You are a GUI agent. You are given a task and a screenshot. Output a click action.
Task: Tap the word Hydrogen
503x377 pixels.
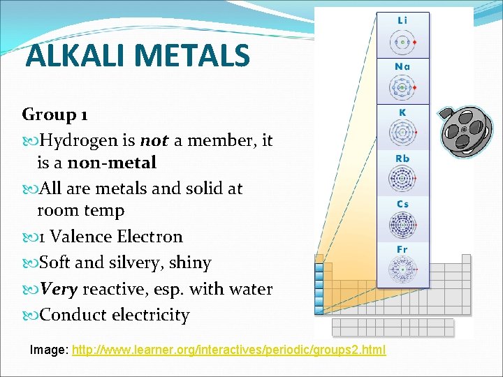coord(78,141)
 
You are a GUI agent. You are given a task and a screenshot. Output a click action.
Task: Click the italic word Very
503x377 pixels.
coord(59,289)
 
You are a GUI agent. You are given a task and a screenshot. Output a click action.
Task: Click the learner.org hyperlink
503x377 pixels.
coord(228,348)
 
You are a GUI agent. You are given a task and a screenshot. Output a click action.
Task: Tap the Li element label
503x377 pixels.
coord(402,21)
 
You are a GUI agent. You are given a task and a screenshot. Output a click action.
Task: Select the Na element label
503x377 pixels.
coord(402,67)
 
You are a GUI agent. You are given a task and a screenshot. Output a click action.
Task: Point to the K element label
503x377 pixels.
coord(402,112)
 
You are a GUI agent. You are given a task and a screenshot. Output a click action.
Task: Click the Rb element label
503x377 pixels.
coord(402,158)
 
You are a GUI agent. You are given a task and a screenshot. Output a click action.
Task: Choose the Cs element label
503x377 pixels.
coord(402,204)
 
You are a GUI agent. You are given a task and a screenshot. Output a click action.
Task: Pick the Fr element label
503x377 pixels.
coord(402,249)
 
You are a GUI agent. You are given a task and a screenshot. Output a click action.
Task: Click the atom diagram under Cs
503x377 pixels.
coord(402,226)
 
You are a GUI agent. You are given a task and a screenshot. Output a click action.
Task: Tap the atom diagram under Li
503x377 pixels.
coord(402,42)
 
